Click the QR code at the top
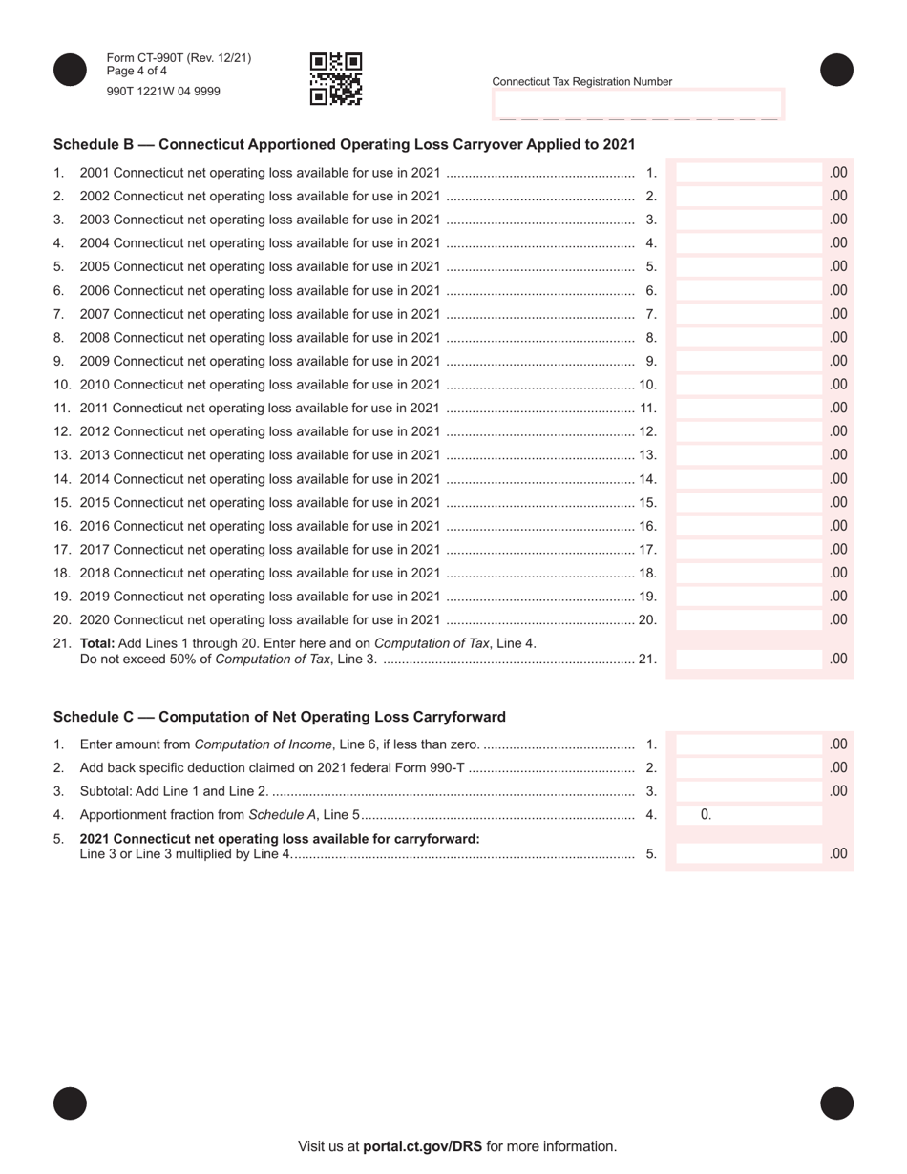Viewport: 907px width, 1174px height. coord(336,78)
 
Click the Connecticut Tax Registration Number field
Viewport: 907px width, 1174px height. coord(638,104)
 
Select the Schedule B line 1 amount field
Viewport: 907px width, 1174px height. coord(749,173)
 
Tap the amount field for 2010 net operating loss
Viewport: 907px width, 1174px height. coord(749,385)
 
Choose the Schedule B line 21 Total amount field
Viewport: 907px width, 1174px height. coord(749,659)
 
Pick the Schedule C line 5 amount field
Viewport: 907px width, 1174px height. coord(749,854)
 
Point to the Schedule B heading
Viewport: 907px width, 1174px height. coord(344,144)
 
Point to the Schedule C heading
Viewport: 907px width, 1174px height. coord(280,717)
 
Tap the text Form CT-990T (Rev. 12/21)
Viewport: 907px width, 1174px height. coord(179,58)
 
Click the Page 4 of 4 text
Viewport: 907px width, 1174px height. coord(137,71)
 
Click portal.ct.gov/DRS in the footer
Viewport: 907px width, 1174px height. coord(422,1146)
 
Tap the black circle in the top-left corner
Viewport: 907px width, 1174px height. coord(70,70)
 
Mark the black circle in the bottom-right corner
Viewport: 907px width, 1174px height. coord(836,1103)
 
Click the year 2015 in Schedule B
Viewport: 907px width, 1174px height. coord(95,502)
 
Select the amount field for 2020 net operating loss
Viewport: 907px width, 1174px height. coord(749,619)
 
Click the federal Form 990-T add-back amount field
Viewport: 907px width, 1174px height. coord(749,767)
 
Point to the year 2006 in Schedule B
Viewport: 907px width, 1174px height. coord(95,290)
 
